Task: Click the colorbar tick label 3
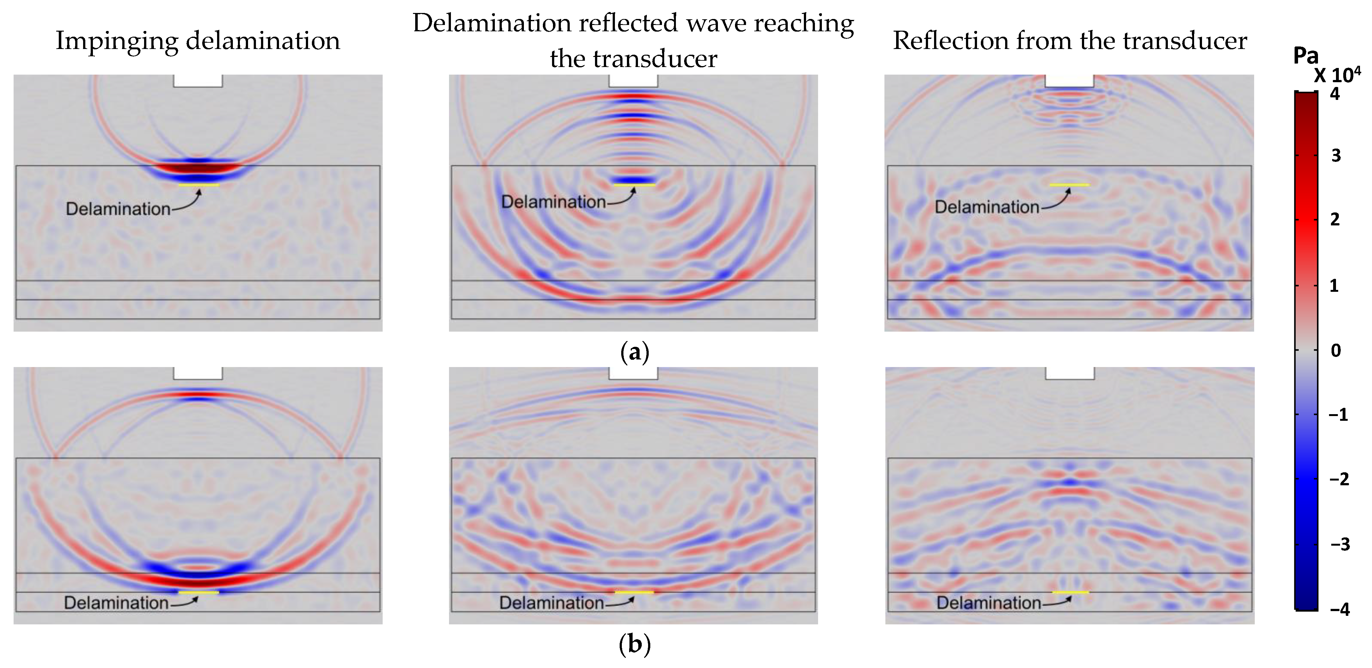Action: pos(1336,156)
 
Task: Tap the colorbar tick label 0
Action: pos(1336,351)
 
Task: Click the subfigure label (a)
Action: pos(634,352)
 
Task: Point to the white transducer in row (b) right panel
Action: pos(1070,373)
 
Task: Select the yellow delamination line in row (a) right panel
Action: pos(1070,185)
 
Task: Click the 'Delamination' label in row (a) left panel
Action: pos(118,209)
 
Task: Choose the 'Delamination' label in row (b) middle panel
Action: pos(551,603)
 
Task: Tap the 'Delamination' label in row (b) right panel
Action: pos(988,603)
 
